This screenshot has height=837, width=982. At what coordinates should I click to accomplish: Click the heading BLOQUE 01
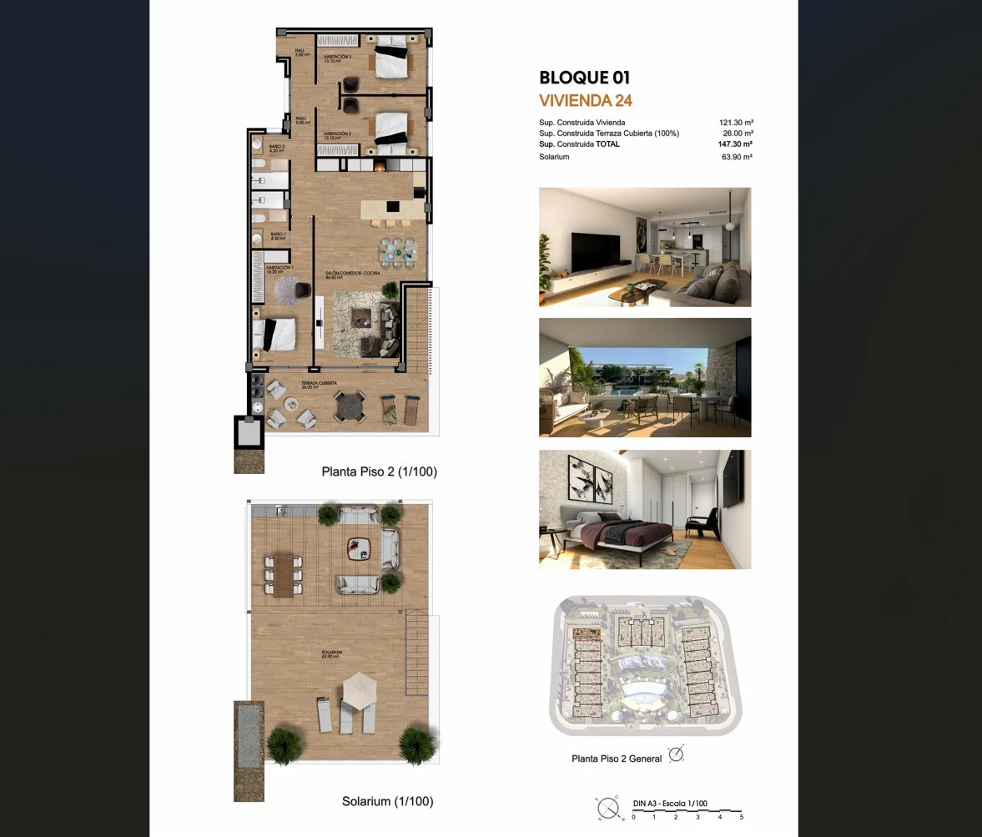[x=584, y=78]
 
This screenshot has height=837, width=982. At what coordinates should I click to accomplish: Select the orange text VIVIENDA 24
[x=586, y=101]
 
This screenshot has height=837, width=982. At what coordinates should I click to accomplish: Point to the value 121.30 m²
[x=736, y=123]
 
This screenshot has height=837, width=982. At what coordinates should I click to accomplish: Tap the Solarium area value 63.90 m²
[x=737, y=157]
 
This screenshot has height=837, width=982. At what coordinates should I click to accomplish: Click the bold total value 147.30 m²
[x=735, y=144]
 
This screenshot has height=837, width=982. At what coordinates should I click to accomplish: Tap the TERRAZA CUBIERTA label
[x=319, y=385]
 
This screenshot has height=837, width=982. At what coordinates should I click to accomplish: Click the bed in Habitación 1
[x=279, y=334]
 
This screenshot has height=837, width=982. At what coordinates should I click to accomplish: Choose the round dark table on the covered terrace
[x=350, y=406]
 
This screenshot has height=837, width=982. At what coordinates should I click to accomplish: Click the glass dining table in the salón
[x=396, y=250]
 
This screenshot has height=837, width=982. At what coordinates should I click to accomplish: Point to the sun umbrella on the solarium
[x=360, y=689]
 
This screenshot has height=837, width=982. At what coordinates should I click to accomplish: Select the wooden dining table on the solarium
[x=284, y=573]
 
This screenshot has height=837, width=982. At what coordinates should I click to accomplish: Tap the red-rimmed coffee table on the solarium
[x=359, y=547]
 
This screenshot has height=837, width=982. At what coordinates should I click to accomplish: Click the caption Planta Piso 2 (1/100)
[x=379, y=471]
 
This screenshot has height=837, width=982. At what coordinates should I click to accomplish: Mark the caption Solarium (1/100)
[x=387, y=801]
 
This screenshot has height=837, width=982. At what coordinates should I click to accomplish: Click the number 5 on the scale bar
[x=741, y=817]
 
